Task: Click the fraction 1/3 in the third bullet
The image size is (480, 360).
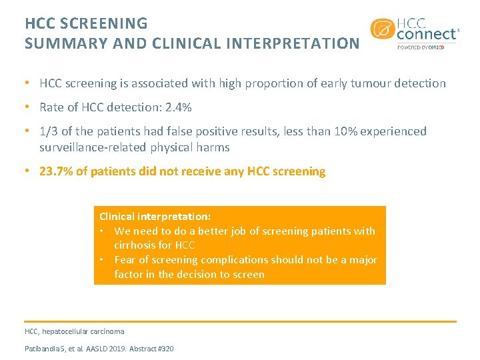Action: pos(48,131)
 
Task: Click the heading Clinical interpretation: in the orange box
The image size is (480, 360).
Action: pos(155,217)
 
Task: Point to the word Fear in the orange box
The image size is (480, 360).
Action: pos(125,260)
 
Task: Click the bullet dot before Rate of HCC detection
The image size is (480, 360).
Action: pos(26,107)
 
